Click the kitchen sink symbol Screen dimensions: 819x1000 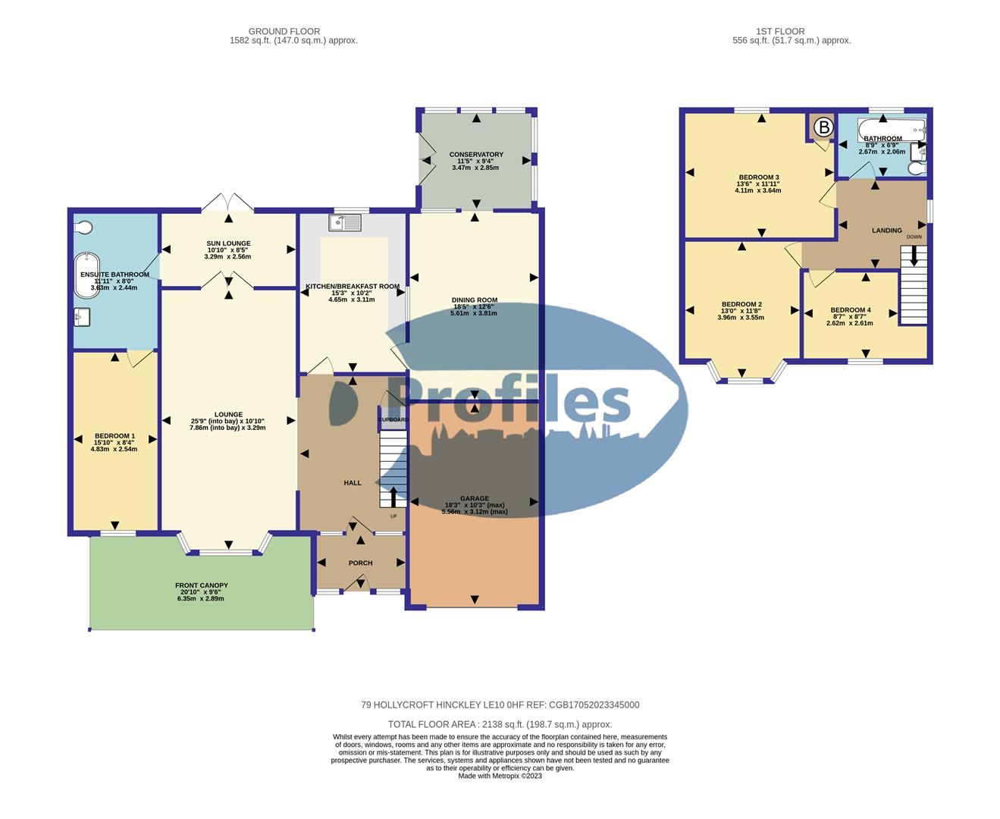345,222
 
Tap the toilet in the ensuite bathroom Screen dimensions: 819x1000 83,227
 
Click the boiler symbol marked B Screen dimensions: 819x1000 823,127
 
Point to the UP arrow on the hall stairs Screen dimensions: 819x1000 393,497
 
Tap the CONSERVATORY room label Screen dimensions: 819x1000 475,155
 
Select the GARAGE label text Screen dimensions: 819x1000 475,498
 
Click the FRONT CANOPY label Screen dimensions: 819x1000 201,585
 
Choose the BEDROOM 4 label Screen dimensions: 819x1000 850,310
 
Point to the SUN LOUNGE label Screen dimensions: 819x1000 228,243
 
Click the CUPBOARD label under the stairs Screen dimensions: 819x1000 393,419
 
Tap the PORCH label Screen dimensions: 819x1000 360,563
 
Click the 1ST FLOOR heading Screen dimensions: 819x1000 780,32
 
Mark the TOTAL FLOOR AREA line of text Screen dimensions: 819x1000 500,724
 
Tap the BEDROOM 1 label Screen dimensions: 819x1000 114,436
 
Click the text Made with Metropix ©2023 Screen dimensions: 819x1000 500,776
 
